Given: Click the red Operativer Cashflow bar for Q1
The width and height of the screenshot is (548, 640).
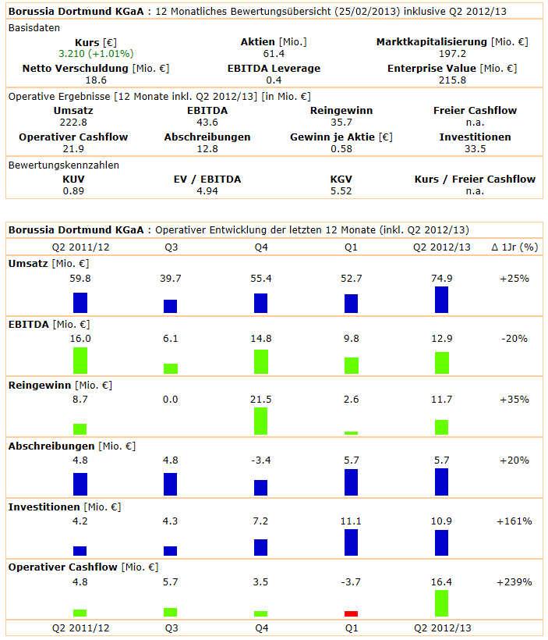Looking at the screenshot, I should [351, 613].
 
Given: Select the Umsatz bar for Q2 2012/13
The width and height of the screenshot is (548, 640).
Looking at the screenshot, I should [441, 300].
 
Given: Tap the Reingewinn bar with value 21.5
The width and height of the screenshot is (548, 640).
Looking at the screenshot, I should [260, 421].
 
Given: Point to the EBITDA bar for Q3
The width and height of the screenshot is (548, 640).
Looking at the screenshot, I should [170, 368].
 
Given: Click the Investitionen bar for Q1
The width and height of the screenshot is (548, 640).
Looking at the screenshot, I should [351, 542].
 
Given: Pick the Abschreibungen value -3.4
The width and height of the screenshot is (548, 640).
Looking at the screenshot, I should [260, 460].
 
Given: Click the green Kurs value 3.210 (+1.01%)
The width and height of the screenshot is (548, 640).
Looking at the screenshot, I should [96, 54].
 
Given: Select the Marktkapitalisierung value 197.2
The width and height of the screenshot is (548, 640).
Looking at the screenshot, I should [452, 54].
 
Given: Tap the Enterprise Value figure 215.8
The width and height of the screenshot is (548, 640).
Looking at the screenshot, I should [452, 80].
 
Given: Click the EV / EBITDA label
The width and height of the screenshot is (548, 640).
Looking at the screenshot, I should [207, 179].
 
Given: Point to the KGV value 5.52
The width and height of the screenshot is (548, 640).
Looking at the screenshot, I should [341, 190].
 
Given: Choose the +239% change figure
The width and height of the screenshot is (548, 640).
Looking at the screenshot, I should [515, 582].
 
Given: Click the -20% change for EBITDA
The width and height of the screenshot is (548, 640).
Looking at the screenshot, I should [515, 339].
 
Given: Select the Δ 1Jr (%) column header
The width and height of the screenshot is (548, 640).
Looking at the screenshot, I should [515, 248].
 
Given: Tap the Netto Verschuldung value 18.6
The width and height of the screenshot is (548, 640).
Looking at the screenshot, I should [96, 80].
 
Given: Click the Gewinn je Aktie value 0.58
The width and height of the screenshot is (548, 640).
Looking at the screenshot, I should [341, 148].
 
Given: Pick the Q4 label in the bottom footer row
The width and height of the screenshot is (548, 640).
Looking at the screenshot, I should [260, 628].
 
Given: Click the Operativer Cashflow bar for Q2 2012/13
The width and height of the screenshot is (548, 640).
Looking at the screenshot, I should [441, 603].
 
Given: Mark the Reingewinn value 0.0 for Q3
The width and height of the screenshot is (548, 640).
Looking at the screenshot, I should [170, 400].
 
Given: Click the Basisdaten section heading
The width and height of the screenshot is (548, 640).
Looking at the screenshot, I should [33, 27].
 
